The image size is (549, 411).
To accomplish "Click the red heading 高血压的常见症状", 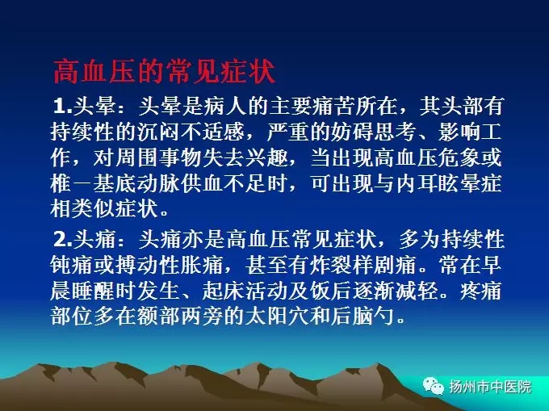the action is [x=164, y=72].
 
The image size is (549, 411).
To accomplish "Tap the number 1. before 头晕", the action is [x=63, y=106].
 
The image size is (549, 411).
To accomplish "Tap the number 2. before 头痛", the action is [x=63, y=240].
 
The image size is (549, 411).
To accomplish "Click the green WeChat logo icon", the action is [x=433, y=386].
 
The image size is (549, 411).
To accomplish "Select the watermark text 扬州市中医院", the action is [x=490, y=387].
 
